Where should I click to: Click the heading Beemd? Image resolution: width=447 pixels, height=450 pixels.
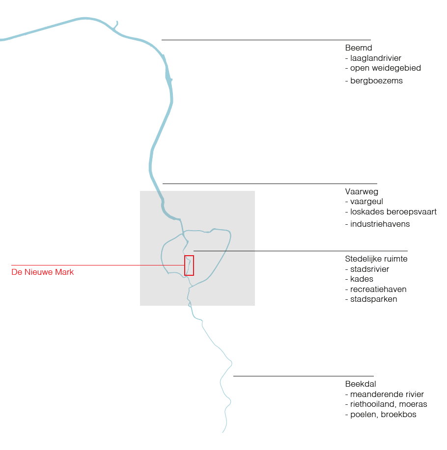[359, 48]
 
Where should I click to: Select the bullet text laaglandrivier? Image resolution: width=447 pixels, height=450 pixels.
[376, 58]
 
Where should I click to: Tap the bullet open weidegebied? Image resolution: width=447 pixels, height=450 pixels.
[386, 68]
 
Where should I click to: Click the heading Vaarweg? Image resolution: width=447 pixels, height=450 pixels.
[362, 191]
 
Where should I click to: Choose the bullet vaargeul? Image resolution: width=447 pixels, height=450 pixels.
[366, 201]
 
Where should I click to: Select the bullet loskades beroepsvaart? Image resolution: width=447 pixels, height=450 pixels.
[393, 212]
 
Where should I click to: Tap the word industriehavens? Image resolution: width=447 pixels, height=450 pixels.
[380, 224]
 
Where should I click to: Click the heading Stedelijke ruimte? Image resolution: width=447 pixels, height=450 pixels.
[376, 259]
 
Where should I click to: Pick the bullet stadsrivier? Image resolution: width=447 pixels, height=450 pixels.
[369, 269]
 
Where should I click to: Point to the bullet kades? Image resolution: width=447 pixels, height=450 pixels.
[362, 279]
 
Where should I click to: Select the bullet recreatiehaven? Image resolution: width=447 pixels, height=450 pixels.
[378, 289]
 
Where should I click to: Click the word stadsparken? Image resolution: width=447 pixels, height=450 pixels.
[374, 299]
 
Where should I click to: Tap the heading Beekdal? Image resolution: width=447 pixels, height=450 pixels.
[361, 384]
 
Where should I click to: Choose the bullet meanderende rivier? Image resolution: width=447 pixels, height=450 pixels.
[387, 394]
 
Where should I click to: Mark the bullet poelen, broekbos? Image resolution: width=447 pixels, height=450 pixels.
[383, 415]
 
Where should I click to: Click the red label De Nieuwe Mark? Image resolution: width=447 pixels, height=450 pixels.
[43, 272]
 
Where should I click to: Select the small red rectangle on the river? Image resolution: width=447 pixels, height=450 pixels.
[189, 265]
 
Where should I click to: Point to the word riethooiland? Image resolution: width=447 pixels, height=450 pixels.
[372, 404]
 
